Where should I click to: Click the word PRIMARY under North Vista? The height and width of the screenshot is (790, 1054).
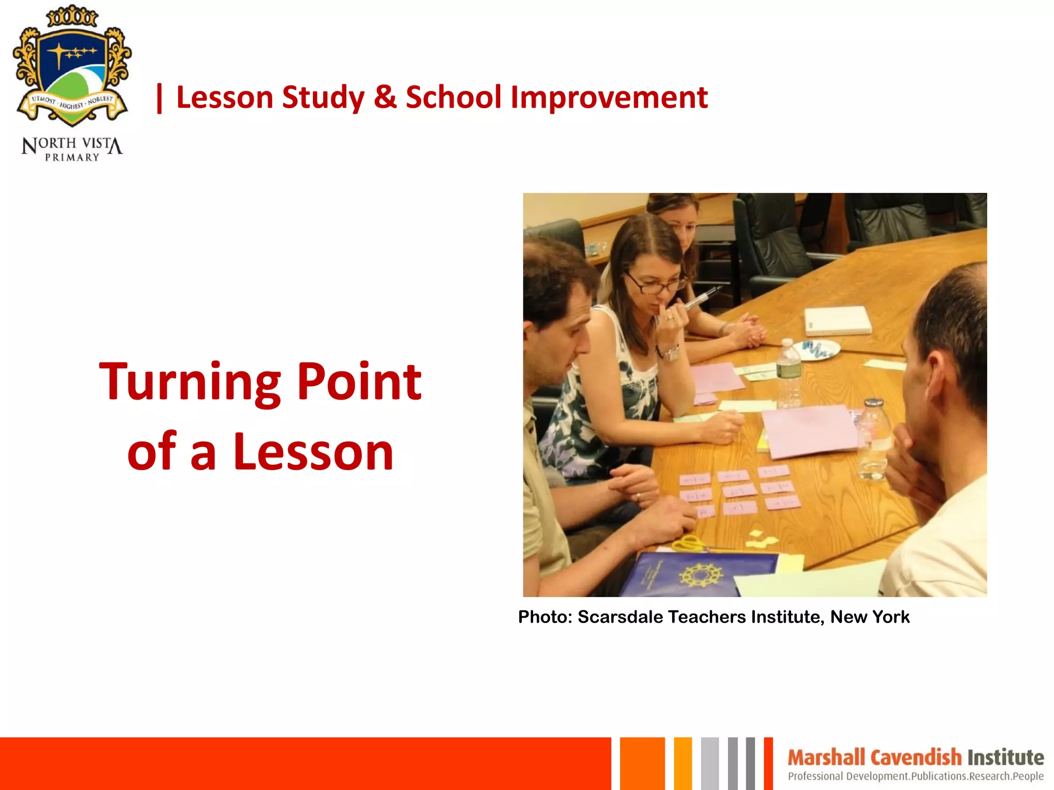tap(72, 157)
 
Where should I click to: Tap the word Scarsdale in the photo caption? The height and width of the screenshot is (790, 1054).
tap(620, 617)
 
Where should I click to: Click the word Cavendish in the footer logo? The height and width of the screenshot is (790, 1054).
tap(916, 758)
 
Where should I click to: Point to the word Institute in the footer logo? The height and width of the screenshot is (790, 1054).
tap(1006, 758)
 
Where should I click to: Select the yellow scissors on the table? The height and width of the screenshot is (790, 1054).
tap(690, 543)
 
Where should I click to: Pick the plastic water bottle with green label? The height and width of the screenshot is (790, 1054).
tap(788, 370)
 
